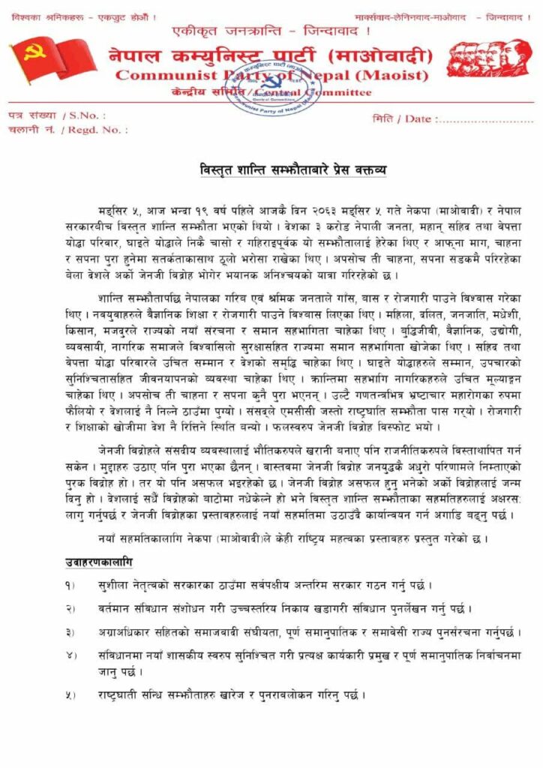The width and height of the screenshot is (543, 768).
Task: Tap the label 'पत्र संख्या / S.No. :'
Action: click(x=56, y=115)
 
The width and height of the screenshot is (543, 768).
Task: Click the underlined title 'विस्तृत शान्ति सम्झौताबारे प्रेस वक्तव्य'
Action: click(x=287, y=170)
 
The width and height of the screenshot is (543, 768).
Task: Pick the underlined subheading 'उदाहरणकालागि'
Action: click(x=97, y=562)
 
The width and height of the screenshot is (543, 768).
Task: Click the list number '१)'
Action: click(x=70, y=585)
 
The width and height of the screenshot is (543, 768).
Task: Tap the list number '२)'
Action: click(x=70, y=608)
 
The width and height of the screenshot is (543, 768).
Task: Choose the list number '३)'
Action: click(x=70, y=632)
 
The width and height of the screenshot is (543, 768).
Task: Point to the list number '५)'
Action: click(x=70, y=694)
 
